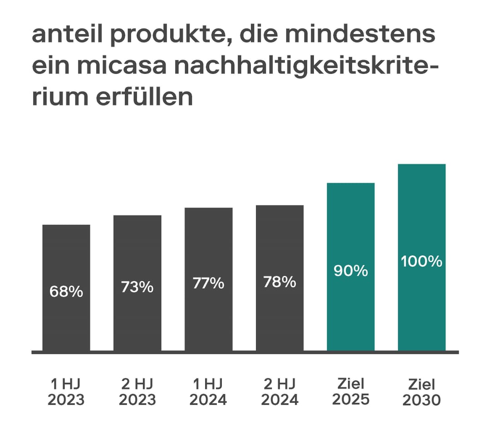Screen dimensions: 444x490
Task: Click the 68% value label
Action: pos(66,292)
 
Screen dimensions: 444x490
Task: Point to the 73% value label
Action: pos(137,287)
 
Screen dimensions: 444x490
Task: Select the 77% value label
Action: pos(209,283)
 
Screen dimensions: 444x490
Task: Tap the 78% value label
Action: pos(279,282)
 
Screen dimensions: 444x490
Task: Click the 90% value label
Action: pos(351,271)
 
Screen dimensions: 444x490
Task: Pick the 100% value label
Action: pos(421,261)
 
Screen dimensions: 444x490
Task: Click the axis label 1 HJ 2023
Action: pos(66,392)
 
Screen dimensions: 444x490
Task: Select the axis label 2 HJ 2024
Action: pos(279,392)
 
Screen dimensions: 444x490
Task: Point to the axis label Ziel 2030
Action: pos(421,393)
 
